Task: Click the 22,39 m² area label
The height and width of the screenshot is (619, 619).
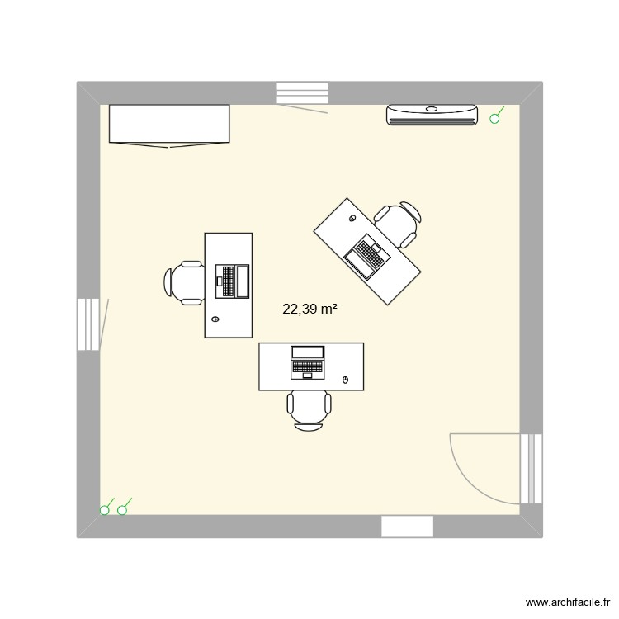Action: [x=309, y=309]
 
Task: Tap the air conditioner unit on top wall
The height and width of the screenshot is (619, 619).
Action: [x=432, y=115]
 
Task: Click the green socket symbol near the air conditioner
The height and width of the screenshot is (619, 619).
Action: [x=495, y=119]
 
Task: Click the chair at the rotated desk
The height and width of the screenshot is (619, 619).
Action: [x=399, y=223]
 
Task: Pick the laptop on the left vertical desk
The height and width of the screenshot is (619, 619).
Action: [x=232, y=281]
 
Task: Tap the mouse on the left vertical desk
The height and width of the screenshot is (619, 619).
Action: [x=216, y=319]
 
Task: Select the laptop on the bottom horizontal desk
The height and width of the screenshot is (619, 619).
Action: [x=308, y=361]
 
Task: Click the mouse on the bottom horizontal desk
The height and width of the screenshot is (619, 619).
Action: [x=346, y=380]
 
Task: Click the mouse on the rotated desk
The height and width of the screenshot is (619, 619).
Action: [x=352, y=219]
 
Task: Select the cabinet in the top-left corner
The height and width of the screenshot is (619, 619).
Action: [x=169, y=125]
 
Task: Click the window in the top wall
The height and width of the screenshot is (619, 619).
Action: [x=302, y=92]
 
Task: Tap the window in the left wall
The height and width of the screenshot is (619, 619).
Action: [x=88, y=324]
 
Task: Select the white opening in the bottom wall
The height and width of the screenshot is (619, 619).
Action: [x=407, y=527]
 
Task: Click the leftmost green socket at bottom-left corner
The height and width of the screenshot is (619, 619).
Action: [x=105, y=510]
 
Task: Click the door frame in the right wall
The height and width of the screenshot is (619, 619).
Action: [x=532, y=468]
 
